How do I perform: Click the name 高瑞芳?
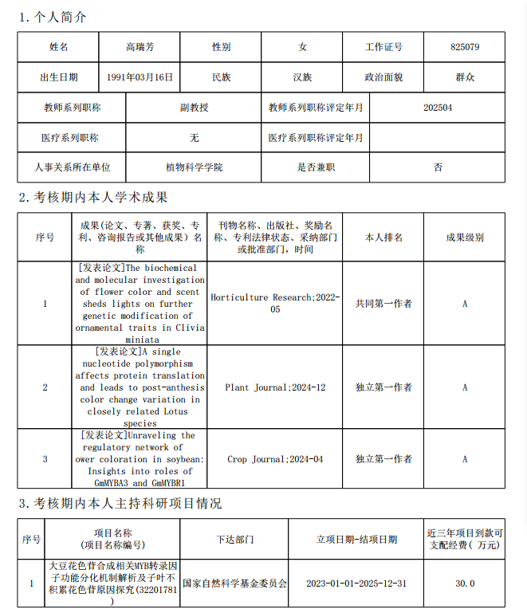pyautogui.click(x=140, y=47)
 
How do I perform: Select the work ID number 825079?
pyautogui.click(x=464, y=47)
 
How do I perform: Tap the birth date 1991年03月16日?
pyautogui.click(x=140, y=77)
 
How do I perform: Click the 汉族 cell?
pyautogui.click(x=302, y=77)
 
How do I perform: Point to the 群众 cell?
pyautogui.click(x=464, y=77)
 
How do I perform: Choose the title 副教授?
pyautogui.click(x=194, y=107)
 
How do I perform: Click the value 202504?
pyautogui.click(x=438, y=107)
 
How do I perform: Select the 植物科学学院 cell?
pyautogui.click(x=194, y=167)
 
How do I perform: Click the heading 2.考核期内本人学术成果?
pyautogui.click(x=93, y=197)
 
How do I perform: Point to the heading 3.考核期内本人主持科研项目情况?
pyautogui.click(x=120, y=504)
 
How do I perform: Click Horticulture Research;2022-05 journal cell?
pyautogui.click(x=275, y=303)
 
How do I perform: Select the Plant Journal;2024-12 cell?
pyautogui.click(x=275, y=387)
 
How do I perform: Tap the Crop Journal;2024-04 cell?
pyautogui.click(x=275, y=459)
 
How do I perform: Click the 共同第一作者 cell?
pyautogui.click(x=383, y=304)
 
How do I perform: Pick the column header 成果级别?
pyautogui.click(x=464, y=238)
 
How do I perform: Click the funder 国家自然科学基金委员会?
pyautogui.click(x=234, y=584)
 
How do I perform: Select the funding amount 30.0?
pyautogui.click(x=465, y=584)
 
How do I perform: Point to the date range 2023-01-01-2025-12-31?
pyautogui.click(x=356, y=584)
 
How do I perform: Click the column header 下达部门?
pyautogui.click(x=234, y=540)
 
